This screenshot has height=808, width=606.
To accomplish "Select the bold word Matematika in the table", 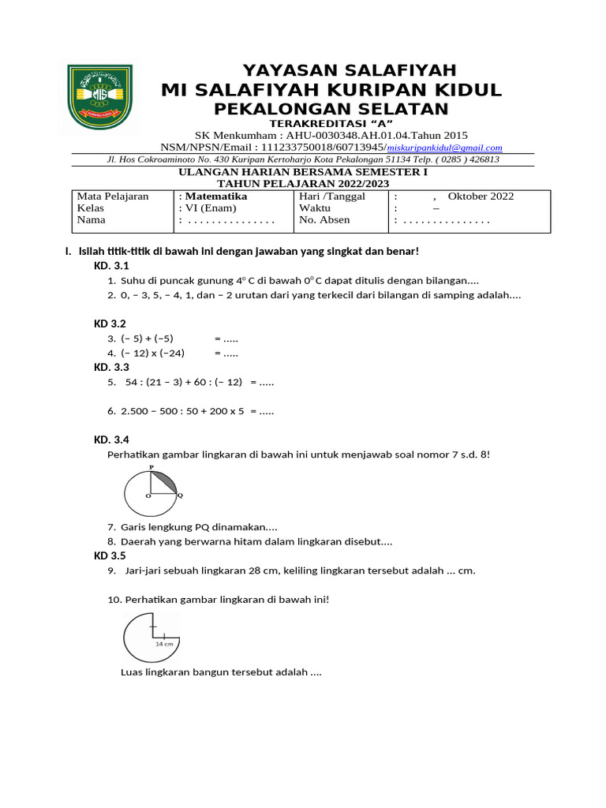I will tap(215, 196).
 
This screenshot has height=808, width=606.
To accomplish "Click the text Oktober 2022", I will tap(481, 196).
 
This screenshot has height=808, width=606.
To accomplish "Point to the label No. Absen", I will tap(325, 220).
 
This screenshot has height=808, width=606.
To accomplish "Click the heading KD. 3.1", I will tap(111, 266).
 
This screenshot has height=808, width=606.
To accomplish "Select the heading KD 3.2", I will tap(110, 324).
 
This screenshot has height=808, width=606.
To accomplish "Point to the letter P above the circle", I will tap(151, 467).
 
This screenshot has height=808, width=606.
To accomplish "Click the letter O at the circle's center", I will tap(148, 496).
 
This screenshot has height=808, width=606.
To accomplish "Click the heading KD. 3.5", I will tap(111, 555).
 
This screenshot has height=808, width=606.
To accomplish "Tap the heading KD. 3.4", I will tap(111, 440).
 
